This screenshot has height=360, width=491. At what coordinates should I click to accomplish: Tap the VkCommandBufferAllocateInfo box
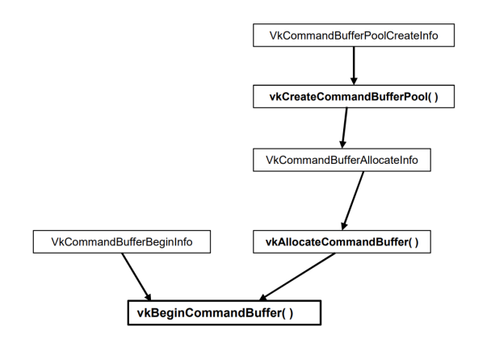[342, 159]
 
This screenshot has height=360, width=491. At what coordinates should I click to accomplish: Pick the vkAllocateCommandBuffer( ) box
[342, 241]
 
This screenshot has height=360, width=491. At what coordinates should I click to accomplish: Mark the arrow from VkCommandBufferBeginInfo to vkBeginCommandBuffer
[135, 275]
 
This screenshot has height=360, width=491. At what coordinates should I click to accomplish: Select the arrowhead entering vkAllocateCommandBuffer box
[345, 224]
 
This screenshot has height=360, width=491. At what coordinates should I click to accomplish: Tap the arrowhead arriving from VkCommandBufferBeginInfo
[147, 295]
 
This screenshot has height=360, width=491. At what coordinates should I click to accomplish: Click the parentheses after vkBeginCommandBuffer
[285, 312]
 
